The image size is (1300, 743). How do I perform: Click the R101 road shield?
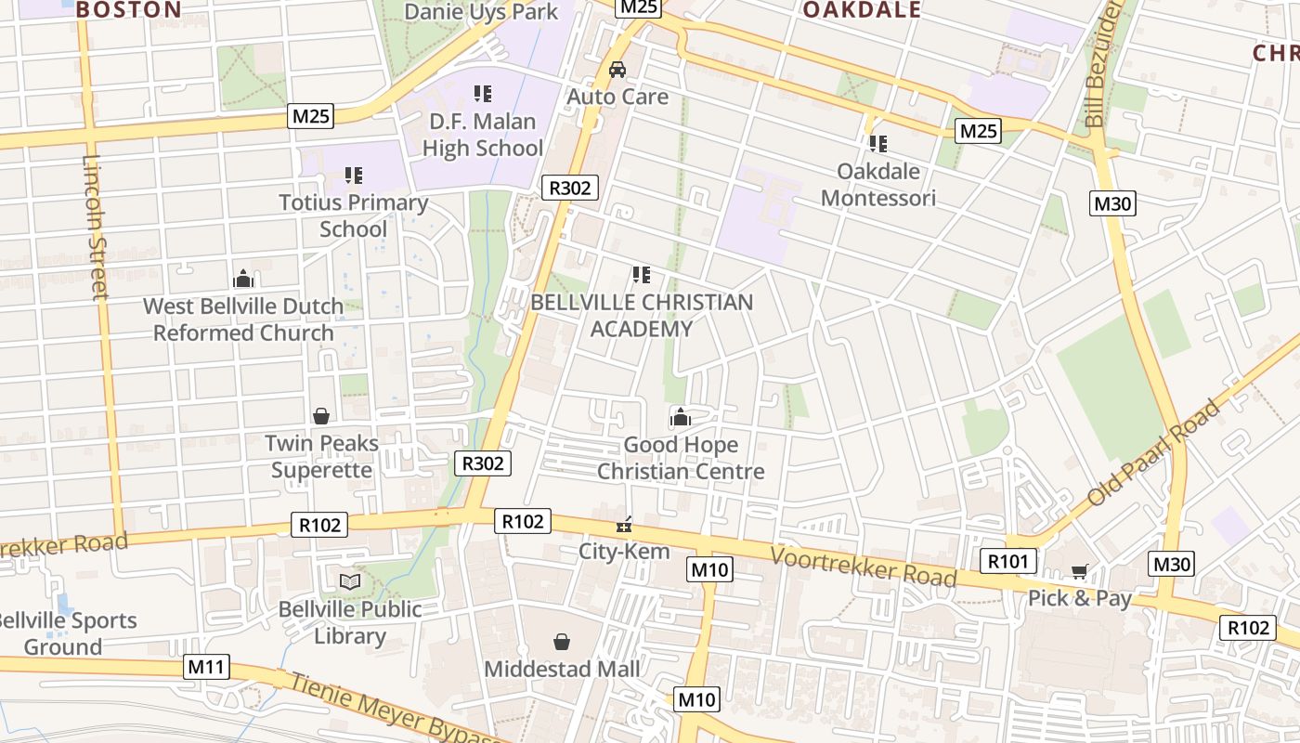(x=1008, y=561)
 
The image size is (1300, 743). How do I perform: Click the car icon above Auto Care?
(x=617, y=70)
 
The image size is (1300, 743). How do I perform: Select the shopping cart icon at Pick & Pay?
(x=1079, y=571)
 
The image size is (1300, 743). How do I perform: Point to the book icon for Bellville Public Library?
(x=349, y=581)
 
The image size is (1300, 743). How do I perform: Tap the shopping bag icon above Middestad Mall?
(x=562, y=642)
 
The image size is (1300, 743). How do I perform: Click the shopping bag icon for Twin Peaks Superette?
(x=321, y=415)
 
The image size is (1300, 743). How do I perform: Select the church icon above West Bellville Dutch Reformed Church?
(x=243, y=278)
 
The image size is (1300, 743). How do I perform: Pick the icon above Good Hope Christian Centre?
(x=681, y=417)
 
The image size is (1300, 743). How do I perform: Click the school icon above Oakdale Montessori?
(x=877, y=143)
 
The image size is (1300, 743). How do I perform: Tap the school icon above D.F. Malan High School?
(x=483, y=93)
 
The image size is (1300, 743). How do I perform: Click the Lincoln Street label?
(x=97, y=227)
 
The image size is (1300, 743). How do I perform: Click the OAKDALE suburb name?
(x=862, y=10)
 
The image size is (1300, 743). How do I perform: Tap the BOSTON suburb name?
(x=128, y=10)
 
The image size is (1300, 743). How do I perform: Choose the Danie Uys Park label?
(x=482, y=11)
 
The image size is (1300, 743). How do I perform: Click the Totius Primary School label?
(x=354, y=215)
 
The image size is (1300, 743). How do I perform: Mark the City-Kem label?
(x=624, y=551)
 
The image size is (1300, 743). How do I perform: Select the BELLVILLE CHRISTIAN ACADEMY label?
(x=642, y=315)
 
